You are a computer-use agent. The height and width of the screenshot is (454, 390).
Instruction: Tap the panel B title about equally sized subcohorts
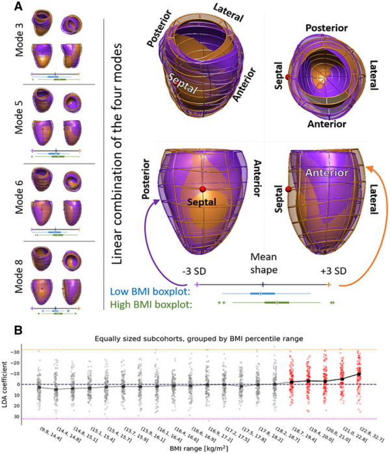coord(196,338)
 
